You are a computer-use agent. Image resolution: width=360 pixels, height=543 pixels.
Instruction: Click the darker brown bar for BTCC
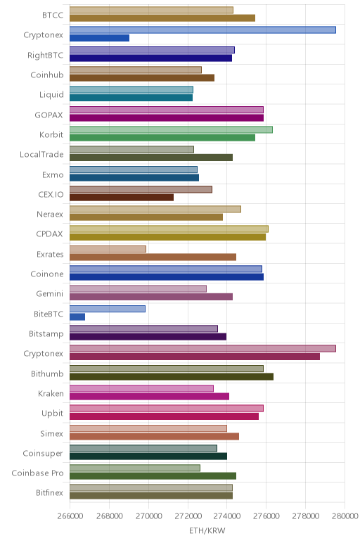(x=162, y=18)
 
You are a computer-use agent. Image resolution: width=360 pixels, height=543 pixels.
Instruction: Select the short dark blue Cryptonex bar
(x=99, y=38)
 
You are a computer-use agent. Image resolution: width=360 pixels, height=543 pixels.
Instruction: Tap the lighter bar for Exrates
(x=108, y=249)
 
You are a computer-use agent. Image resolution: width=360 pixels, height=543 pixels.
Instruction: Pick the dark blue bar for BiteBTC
(x=77, y=317)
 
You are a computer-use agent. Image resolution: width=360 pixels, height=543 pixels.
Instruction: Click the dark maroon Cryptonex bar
(x=195, y=357)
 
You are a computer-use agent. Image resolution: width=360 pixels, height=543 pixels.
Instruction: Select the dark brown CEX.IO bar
(x=122, y=198)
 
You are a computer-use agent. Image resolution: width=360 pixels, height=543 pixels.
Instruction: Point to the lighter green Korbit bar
(x=171, y=129)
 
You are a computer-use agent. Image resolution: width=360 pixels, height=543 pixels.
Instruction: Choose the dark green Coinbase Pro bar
(x=153, y=476)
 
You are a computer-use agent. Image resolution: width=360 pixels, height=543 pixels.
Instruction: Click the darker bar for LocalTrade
(x=151, y=158)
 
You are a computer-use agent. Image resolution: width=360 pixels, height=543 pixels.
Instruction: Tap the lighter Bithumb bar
(x=167, y=369)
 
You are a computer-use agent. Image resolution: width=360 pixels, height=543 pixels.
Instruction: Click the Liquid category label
(x=51, y=94)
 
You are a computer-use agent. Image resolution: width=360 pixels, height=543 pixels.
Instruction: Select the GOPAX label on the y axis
(x=49, y=115)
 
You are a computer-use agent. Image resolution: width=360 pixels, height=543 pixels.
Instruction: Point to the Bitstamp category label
(x=46, y=334)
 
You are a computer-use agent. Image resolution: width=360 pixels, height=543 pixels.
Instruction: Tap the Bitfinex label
(x=49, y=493)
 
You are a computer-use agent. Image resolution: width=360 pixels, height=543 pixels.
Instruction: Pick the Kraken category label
(x=51, y=393)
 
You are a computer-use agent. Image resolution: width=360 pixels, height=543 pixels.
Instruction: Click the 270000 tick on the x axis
(x=148, y=516)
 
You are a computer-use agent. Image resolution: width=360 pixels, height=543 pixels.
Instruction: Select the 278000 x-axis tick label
(x=306, y=516)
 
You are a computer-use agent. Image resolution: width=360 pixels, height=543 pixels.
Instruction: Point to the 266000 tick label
(x=70, y=516)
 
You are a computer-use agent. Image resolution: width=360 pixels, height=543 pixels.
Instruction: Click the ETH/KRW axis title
(x=207, y=530)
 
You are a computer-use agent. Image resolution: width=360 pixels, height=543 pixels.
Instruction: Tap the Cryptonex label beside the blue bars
(x=44, y=35)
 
